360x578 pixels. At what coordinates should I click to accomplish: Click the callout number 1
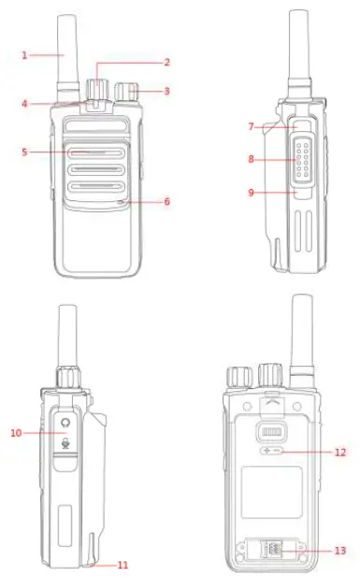pos(25,55)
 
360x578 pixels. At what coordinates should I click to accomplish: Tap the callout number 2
pos(167,63)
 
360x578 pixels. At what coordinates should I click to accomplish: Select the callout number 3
pos(167,91)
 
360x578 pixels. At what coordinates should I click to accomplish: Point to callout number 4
pos(25,104)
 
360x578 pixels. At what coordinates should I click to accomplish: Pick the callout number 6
pos(167,200)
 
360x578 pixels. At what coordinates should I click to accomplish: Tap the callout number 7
pos(251,125)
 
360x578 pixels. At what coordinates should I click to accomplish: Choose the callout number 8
pos(251,159)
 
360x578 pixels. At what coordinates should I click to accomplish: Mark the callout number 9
pos(251,194)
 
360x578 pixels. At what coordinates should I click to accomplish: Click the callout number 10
pos(16,432)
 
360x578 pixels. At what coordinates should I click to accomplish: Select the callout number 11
pos(123,565)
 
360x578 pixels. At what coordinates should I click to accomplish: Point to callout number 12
pos(340,452)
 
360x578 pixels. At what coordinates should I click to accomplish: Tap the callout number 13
pos(340,551)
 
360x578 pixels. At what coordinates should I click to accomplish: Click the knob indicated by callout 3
pos(127,91)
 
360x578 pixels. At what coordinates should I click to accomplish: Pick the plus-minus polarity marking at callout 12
pos(270,452)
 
